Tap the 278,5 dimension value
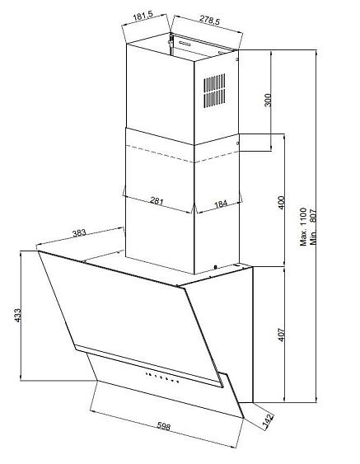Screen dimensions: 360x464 coord(209,19)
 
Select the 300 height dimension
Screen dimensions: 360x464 coord(268,100)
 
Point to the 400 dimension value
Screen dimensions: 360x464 coord(281,203)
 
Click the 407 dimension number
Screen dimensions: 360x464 coord(281,335)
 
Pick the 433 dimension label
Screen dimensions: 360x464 coord(17,316)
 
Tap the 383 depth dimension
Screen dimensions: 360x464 coord(79,233)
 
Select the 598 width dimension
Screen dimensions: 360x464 coord(164,426)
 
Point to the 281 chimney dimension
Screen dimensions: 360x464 coord(157,201)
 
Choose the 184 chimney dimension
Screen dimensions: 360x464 coord(221,204)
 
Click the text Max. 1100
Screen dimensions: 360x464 coord(303,227)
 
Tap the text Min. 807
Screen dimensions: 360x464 coord(313,227)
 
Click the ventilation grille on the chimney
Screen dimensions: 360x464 coord(214,91)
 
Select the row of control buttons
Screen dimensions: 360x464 coord(162,377)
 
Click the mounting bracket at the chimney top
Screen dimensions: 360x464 coord(171,44)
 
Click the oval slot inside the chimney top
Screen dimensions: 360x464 coord(185,44)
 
